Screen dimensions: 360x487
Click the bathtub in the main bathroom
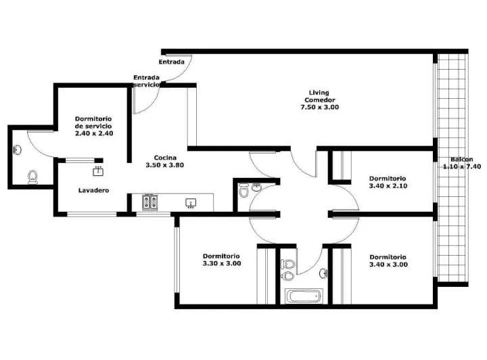(x=304, y=296)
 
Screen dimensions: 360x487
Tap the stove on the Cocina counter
(x=150, y=202)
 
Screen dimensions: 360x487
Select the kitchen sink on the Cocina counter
(x=191, y=202)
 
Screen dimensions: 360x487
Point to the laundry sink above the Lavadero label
(x=97, y=170)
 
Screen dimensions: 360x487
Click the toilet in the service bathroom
(x=32, y=177)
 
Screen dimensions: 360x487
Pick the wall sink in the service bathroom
(x=18, y=150)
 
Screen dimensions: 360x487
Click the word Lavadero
(x=93, y=191)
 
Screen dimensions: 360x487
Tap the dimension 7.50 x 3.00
(x=320, y=107)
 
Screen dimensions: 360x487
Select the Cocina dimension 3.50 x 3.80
(x=164, y=164)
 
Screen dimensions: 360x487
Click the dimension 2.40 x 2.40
(x=94, y=133)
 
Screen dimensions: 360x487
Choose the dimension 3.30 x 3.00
(x=221, y=264)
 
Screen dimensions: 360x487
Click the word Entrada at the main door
(x=172, y=62)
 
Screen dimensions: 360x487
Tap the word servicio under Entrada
(x=146, y=85)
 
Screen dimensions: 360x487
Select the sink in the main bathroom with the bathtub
(x=324, y=273)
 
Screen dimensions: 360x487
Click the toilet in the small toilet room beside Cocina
(x=243, y=193)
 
